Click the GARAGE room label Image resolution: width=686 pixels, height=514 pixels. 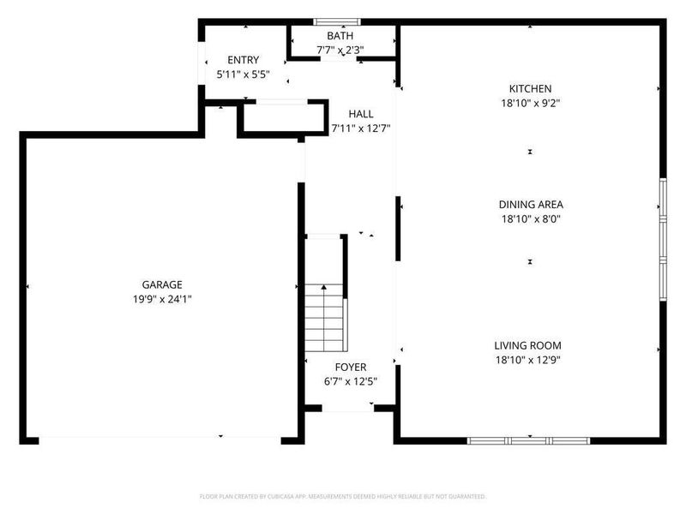pos(162,284)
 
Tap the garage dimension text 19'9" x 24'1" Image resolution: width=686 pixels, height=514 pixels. pos(162,299)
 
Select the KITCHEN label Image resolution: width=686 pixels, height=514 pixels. pos(530,88)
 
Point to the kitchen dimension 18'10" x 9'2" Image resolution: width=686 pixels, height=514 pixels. pos(530,103)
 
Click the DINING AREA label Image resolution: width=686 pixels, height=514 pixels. pos(530,204)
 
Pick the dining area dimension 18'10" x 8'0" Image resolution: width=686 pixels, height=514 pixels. pos(530,218)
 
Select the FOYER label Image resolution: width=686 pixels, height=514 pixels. pos(350,367)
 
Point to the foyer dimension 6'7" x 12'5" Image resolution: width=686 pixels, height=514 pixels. pos(350,381)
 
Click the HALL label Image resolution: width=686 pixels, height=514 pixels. pos(360,114)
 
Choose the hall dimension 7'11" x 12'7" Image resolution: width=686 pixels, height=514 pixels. pos(360,128)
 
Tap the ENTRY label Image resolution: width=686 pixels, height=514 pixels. pos(242,59)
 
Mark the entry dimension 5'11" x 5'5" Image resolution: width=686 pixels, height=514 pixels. pos(242,74)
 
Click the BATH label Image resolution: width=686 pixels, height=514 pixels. pos(340,36)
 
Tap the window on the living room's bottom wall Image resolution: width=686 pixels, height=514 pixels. pos(528,440)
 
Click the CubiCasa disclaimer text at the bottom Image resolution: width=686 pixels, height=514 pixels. pos(342,496)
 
